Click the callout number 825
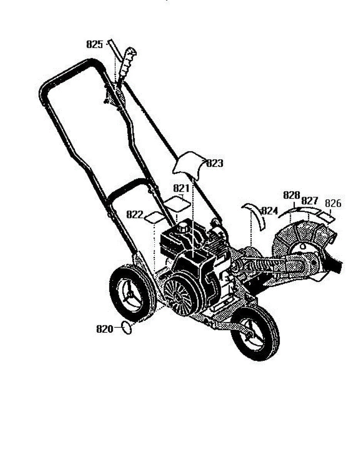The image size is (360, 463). point(94,45)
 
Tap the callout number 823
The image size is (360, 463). point(215,164)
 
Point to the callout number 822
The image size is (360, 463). point(135,215)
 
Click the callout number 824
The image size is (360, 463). point(269,211)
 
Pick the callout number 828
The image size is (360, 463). point(291,195)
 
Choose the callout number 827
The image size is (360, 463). point(310,201)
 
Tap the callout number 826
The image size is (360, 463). point(333,203)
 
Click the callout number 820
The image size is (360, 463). point(104,329)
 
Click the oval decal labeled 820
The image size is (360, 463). point(127,328)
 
